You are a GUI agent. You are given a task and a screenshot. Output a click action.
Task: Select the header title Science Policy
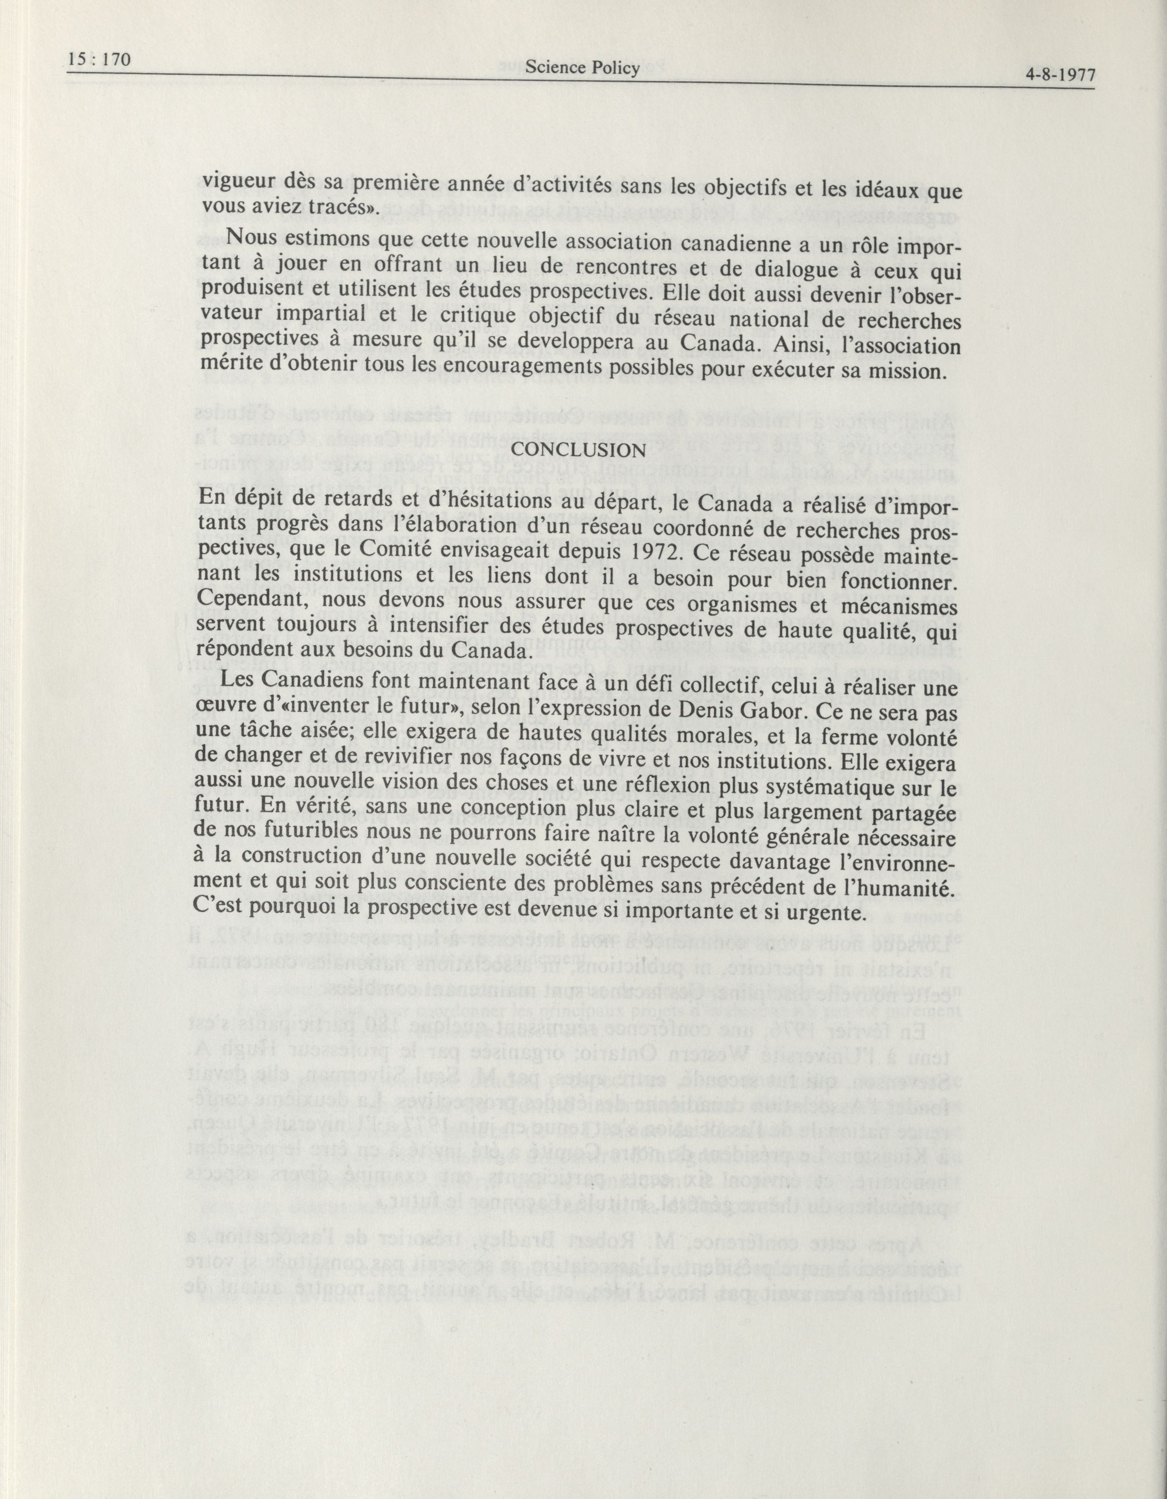pos(582,67)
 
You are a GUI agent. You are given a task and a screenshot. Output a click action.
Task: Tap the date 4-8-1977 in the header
pos(1058,75)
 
